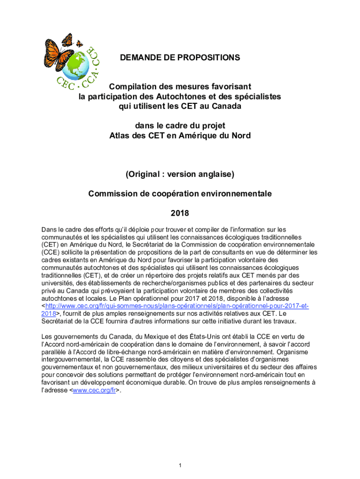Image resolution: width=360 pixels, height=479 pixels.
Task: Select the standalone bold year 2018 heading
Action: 180,213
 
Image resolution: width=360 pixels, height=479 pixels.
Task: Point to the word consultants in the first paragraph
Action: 209,252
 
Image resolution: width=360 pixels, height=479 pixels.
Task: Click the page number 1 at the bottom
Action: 180,465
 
